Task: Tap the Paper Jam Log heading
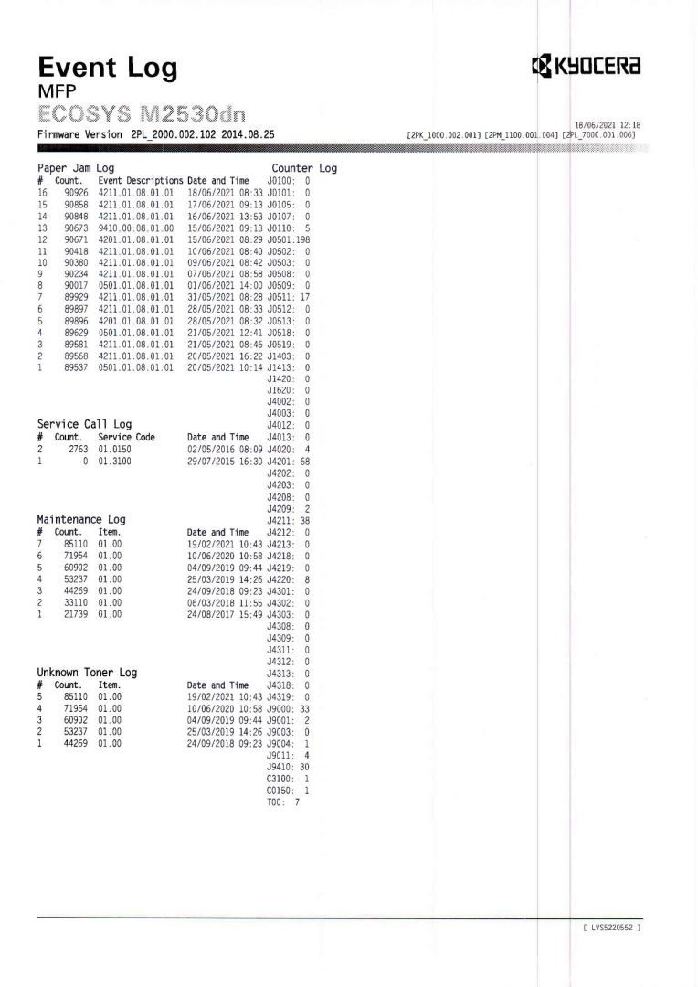(76, 169)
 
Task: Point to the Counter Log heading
(304, 169)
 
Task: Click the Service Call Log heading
(84, 425)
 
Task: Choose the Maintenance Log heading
(81, 520)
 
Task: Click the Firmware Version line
(156, 134)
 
